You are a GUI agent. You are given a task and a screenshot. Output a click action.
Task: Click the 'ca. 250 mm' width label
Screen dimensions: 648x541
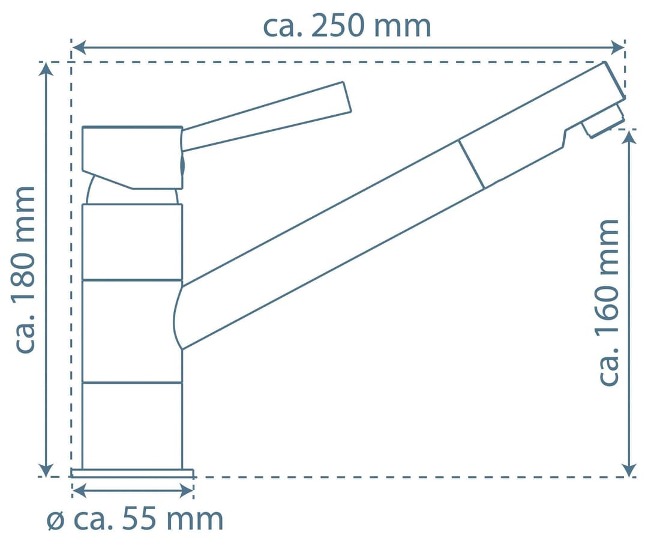[347, 26]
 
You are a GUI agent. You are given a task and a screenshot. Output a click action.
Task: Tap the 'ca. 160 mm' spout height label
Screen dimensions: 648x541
[608, 303]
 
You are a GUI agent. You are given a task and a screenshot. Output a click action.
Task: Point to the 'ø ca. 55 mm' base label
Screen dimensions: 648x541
[135, 519]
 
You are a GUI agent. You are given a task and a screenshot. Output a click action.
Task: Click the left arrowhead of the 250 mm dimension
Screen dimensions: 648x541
[79, 47]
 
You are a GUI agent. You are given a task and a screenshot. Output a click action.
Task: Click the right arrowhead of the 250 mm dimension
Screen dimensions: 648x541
[617, 47]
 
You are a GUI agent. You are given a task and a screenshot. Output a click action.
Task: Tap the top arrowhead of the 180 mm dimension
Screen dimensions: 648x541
[46, 70]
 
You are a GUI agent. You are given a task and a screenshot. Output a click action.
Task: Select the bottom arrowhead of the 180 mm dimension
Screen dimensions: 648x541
[46, 470]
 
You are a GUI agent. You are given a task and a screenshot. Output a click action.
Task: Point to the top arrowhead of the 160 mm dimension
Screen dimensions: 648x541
[629, 137]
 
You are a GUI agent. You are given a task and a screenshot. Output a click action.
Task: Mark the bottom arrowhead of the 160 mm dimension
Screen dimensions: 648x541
[629, 470]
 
